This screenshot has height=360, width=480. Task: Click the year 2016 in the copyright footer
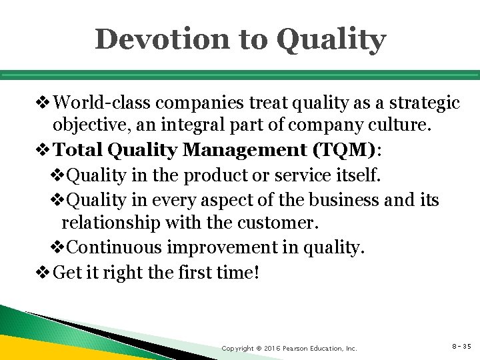pyautogui.click(x=269, y=348)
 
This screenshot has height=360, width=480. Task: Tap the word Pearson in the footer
pyautogui.click(x=297, y=348)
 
